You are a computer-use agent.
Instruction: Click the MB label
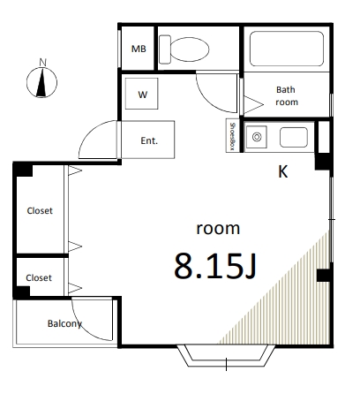(139, 49)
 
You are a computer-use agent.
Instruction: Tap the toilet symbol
(184, 49)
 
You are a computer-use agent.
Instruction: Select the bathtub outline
(286, 49)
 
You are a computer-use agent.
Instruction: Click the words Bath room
(287, 95)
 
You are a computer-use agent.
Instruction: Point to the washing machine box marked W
(142, 94)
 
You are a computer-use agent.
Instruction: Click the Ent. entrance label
(149, 140)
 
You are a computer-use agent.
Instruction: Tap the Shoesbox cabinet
(232, 135)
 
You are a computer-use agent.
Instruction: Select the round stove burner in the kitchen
(257, 137)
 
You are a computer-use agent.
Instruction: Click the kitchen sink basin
(294, 137)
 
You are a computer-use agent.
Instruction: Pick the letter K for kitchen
(282, 171)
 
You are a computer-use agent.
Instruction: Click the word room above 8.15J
(218, 229)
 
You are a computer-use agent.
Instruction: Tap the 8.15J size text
(215, 266)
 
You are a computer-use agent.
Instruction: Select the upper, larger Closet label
(40, 210)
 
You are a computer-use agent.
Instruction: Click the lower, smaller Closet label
(39, 277)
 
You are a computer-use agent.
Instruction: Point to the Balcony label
(64, 323)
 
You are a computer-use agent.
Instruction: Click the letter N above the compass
(43, 63)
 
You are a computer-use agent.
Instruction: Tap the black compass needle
(42, 83)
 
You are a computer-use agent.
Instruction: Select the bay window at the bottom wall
(226, 356)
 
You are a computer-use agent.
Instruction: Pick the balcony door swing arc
(83, 329)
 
